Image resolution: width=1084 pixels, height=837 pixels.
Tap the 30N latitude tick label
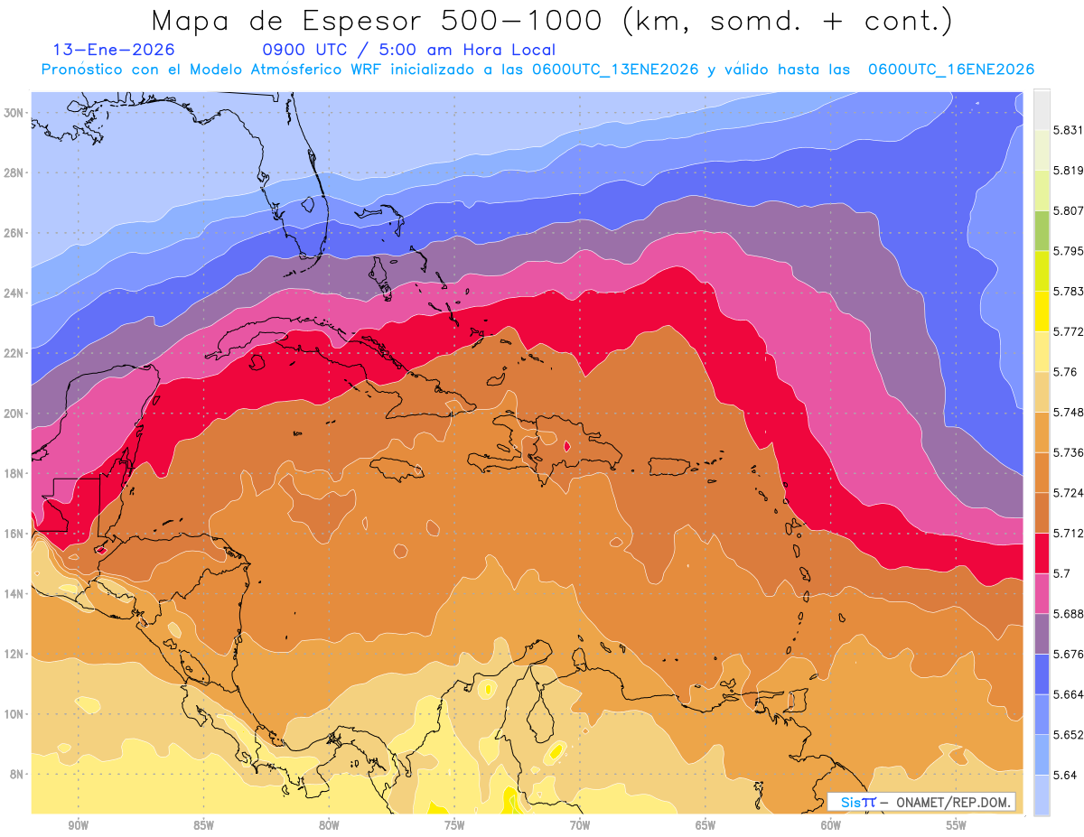(14, 113)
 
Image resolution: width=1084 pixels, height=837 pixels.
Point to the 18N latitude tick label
(14, 473)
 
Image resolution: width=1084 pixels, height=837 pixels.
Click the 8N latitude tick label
(14, 774)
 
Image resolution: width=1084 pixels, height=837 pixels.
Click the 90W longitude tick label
(78, 824)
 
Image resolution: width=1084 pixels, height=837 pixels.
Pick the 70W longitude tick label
(579, 824)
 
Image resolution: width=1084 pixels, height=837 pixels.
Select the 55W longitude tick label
(956, 824)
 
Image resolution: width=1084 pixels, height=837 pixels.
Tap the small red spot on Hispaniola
(566, 445)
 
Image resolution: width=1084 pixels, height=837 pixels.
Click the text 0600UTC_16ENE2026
(950, 70)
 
